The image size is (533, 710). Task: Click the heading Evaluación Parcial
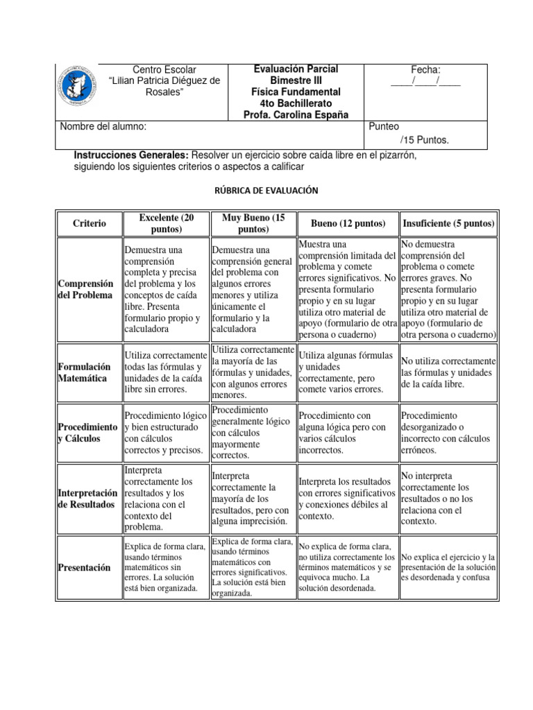tap(296, 69)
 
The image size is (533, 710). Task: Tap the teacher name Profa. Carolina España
tap(296, 114)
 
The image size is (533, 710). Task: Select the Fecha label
tap(425, 69)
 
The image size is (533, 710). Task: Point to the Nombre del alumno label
tap(103, 127)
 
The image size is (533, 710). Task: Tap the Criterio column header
tap(90, 223)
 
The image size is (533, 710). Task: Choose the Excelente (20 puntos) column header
tap(164, 223)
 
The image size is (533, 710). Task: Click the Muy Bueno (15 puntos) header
tap(253, 223)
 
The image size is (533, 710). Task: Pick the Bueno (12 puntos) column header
tap(348, 223)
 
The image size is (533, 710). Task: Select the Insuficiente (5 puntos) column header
tap(448, 223)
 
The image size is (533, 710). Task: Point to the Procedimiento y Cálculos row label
tap(88, 433)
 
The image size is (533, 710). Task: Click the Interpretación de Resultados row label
tap(88, 498)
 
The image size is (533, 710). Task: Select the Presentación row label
tap(85, 567)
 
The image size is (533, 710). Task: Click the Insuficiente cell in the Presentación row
tap(448, 567)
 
